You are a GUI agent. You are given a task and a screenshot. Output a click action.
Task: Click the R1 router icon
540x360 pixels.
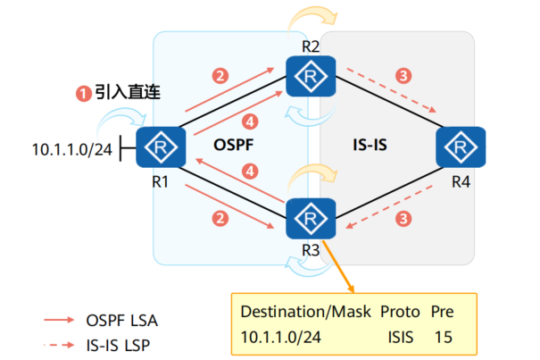pos(160,147)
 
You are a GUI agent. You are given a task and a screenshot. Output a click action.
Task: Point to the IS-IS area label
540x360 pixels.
pos(371,143)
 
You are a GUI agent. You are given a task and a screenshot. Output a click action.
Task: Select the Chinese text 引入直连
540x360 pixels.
pos(123,92)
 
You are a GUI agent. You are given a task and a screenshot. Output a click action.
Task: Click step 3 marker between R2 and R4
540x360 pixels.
pos(404,75)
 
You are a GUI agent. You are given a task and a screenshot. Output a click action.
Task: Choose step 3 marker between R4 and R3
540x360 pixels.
pos(404,217)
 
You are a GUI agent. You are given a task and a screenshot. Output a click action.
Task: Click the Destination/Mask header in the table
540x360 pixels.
pos(297,313)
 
